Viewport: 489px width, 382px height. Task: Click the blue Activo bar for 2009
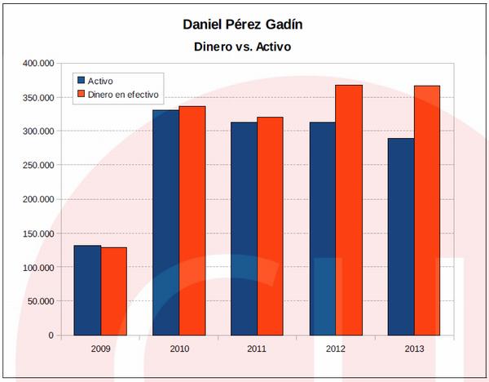pos(87,290)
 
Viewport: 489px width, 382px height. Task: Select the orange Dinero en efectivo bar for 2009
pos(113,291)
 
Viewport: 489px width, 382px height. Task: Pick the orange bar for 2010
pos(192,220)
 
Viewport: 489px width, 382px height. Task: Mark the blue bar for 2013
pos(400,237)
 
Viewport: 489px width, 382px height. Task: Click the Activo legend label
pos(99,81)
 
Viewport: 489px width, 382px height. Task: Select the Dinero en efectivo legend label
pos(123,95)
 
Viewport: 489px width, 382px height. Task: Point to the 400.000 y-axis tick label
pos(37,63)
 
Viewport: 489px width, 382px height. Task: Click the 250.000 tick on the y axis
pos(37,165)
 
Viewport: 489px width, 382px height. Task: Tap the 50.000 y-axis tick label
pos(40,301)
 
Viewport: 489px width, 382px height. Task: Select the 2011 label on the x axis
pos(257,349)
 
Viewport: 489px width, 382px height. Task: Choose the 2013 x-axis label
pos(413,349)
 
